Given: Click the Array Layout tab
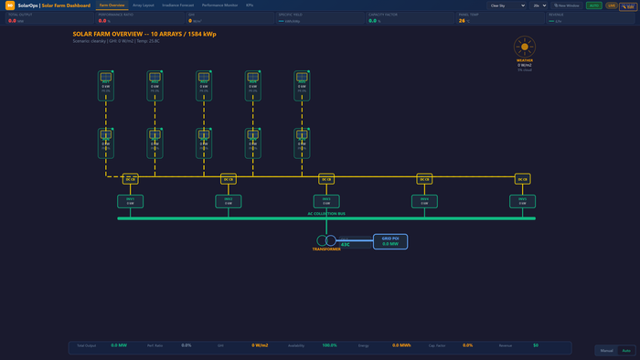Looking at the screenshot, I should [144, 5].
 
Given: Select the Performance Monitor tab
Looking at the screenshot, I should [219, 5].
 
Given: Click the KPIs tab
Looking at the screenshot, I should [250, 5].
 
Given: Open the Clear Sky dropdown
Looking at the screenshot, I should [507, 5].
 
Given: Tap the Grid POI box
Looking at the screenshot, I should [390, 241].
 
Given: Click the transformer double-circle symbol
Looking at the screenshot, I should [325, 241].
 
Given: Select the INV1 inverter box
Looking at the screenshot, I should [130, 201].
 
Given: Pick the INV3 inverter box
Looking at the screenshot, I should [325, 201].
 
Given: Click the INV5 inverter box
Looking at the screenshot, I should [522, 201].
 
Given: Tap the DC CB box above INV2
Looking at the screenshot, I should [229, 179].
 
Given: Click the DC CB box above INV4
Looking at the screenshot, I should [424, 179].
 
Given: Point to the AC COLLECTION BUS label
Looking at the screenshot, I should [326, 214].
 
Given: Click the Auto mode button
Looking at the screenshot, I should [626, 350].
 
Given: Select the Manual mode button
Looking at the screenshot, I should [607, 350].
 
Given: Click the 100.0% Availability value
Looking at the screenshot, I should [329, 345].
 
